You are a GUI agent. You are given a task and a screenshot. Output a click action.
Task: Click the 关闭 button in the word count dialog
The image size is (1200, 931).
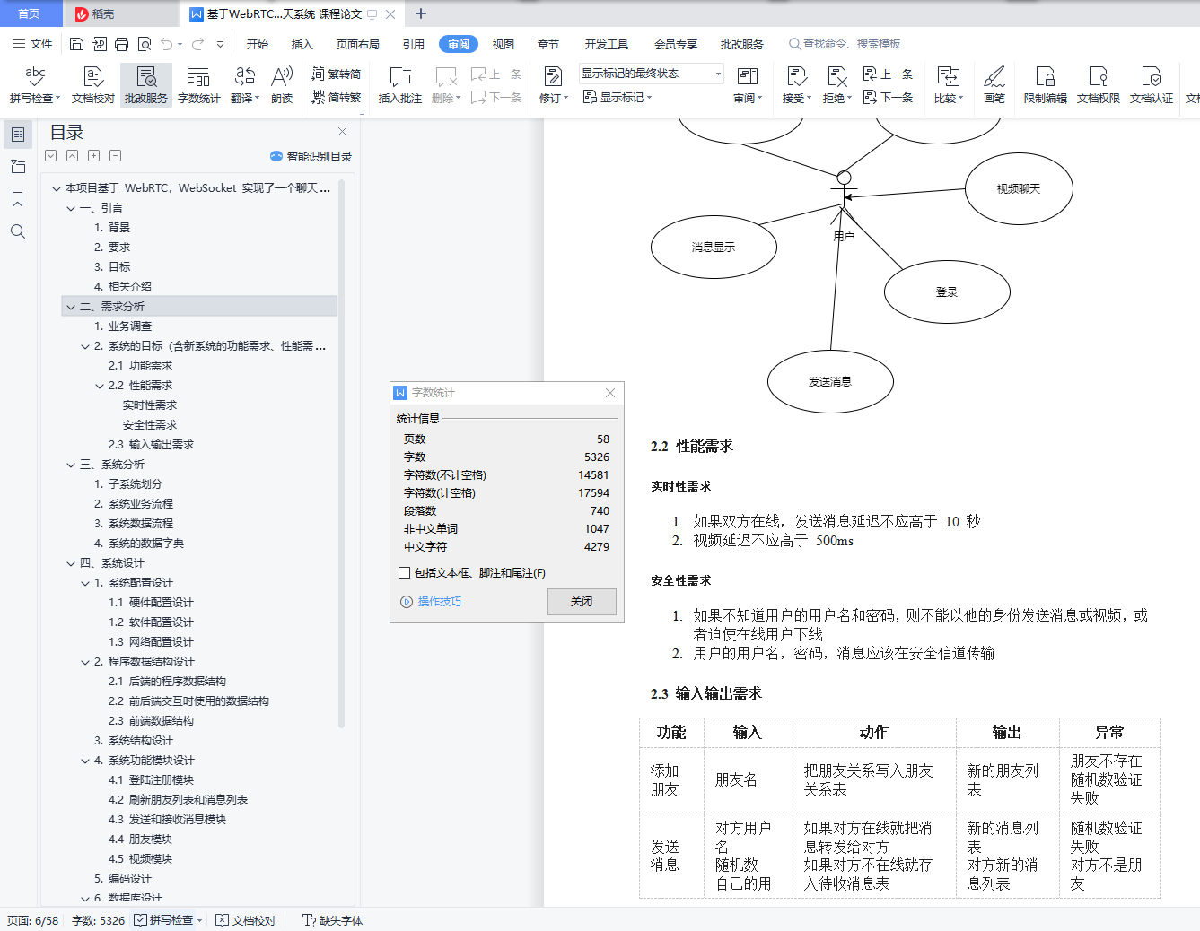[x=582, y=601]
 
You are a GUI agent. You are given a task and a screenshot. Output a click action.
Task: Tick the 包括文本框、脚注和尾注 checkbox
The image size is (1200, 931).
[x=404, y=573]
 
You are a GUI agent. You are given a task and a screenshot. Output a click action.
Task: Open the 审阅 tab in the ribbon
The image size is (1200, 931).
[x=459, y=44]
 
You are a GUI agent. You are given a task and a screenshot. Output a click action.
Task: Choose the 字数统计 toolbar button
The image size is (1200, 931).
[x=199, y=85]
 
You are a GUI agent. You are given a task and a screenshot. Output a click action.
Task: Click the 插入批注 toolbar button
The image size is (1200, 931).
[x=399, y=85]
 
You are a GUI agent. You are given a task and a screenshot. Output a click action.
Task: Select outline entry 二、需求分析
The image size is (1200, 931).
[x=111, y=306]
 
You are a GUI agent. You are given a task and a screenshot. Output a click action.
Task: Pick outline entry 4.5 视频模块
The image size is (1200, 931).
[x=140, y=858]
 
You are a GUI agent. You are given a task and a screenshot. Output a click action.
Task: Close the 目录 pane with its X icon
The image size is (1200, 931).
[x=342, y=131]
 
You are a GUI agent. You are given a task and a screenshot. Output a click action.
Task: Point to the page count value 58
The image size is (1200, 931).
[x=603, y=439]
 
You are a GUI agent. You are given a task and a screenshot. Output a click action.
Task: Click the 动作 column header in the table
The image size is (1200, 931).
[x=874, y=732]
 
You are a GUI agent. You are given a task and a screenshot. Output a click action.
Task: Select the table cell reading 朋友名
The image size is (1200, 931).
[x=736, y=779]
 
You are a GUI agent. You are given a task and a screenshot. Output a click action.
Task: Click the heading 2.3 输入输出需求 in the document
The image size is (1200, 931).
[x=706, y=693]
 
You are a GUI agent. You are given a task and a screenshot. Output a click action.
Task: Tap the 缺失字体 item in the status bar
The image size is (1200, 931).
[x=333, y=920]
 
